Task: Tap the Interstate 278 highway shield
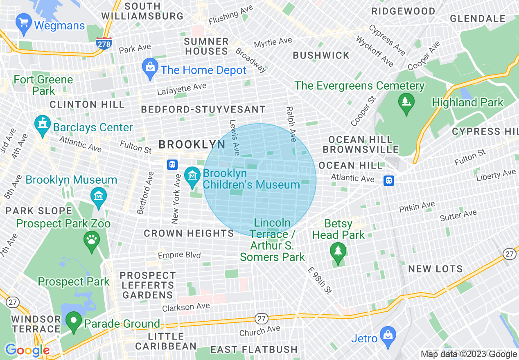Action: click(104, 43)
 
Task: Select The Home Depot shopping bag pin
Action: click(150, 68)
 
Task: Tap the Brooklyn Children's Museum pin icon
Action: click(192, 177)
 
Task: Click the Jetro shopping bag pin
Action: click(387, 336)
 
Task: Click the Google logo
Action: click(27, 350)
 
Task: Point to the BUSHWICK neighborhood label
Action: click(321, 56)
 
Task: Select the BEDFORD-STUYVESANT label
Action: click(203, 110)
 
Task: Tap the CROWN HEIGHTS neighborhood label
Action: click(189, 233)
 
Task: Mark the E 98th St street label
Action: click(320, 280)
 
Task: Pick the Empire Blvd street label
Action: click(179, 255)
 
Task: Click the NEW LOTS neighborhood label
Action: click(436, 269)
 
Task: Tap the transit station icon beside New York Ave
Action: click(172, 165)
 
